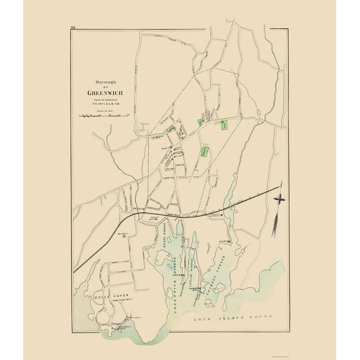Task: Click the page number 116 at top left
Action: coord(74,27)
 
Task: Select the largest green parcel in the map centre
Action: coord(205,151)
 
